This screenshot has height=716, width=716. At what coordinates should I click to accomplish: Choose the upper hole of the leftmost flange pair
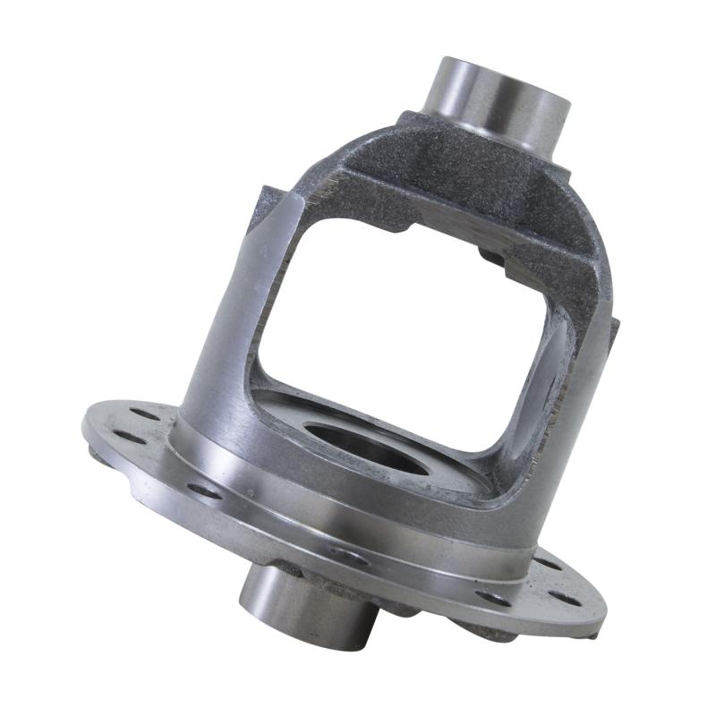143,414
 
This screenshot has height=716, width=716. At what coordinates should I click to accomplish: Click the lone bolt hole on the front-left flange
204,490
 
